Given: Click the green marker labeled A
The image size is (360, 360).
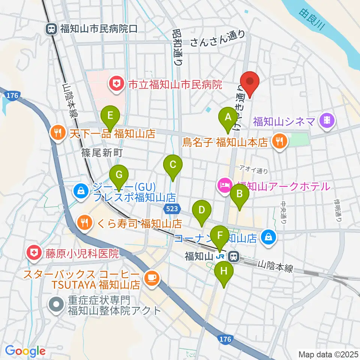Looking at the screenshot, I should (x=227, y=117).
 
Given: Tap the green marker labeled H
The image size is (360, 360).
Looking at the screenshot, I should (x=224, y=271).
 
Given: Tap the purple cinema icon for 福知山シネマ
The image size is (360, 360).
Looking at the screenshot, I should (x=325, y=121).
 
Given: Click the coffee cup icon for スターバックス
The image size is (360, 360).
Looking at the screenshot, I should (x=152, y=277).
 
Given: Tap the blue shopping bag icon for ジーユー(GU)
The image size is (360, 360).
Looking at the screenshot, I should (x=81, y=191).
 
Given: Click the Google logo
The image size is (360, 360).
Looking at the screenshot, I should (x=25, y=351).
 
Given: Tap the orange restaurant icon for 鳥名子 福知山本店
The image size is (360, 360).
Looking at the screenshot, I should (x=279, y=141).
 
